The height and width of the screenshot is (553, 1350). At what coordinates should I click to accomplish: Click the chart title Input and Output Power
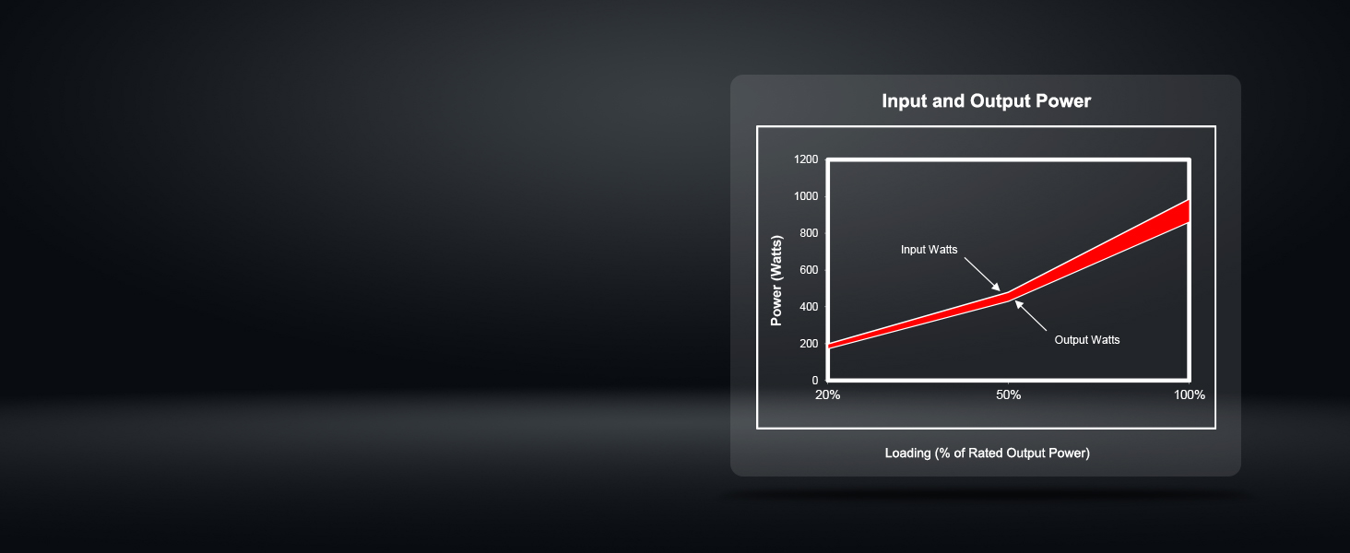(986, 100)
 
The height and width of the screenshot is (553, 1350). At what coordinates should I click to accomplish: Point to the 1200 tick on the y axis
(806, 159)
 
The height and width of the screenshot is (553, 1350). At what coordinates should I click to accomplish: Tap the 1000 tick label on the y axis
(806, 196)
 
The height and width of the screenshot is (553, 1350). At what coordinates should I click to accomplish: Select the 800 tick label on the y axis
(809, 233)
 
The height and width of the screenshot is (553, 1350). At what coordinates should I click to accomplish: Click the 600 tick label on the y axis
(809, 270)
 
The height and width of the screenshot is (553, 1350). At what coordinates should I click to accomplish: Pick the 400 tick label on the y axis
(809, 307)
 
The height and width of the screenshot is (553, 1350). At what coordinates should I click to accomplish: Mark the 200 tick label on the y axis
(809, 344)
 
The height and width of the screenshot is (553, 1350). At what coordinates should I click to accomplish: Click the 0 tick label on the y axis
(815, 380)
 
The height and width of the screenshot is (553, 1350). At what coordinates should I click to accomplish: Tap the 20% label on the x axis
(827, 395)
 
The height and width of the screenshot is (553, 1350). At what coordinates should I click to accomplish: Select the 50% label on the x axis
(1008, 395)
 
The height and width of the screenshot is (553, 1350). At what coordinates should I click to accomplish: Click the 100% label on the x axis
(1189, 395)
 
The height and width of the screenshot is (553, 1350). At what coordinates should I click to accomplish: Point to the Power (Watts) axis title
(776, 281)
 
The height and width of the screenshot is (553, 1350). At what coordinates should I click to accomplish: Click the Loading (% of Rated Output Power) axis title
(988, 453)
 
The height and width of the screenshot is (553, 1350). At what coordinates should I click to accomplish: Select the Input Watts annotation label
(929, 250)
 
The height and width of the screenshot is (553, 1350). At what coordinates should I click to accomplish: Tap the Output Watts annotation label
(1086, 340)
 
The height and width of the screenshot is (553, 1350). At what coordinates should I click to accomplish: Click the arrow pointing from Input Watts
(982, 275)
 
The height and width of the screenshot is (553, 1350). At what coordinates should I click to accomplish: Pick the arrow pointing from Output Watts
(1031, 315)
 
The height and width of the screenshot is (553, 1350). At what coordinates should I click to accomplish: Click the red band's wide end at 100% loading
(1188, 211)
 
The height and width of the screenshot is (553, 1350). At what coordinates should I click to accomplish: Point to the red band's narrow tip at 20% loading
(829, 346)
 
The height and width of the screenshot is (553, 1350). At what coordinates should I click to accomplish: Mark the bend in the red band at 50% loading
(1008, 296)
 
